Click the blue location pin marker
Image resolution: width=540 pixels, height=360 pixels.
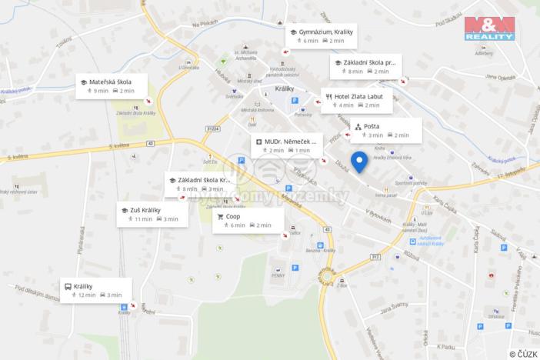(x=358, y=162)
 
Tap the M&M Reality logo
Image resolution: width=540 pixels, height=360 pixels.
(x=489, y=28)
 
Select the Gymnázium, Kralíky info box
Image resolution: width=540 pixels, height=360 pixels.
(x=322, y=35)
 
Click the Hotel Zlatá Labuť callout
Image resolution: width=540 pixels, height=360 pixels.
(x=356, y=100)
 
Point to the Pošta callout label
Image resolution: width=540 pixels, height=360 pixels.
(x=385, y=130)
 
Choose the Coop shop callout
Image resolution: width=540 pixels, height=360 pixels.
(x=247, y=221)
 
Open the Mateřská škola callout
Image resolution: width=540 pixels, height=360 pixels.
(x=112, y=85)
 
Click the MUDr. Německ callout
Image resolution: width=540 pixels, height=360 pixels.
(x=286, y=145)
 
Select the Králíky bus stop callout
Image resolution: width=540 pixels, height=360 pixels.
(x=95, y=289)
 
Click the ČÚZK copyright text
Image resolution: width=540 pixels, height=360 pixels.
(x=523, y=353)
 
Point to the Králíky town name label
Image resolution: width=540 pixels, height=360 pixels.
(x=285, y=88)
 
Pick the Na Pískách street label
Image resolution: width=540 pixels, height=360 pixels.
(x=205, y=24)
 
